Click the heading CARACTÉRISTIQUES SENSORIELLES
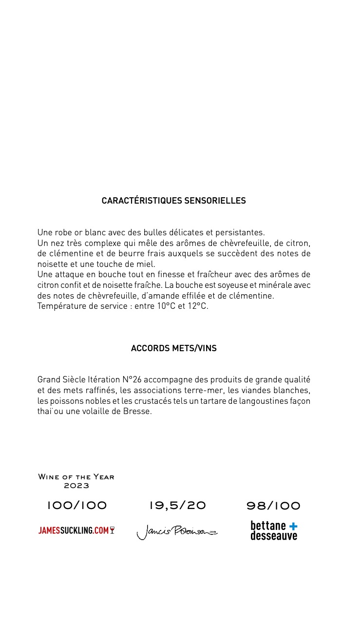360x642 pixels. [x=173, y=201]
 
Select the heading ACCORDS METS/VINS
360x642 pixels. [x=173, y=348]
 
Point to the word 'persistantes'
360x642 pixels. [x=239, y=232]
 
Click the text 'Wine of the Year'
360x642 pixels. [x=76, y=477]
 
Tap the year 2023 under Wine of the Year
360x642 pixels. [x=76, y=486]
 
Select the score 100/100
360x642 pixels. [x=76, y=506]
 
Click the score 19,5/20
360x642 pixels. [x=177, y=506]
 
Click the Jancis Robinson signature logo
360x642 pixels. [x=176, y=532]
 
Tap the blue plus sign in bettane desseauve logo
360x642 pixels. [x=293, y=526]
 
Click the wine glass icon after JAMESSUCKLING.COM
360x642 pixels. [x=112, y=530]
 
